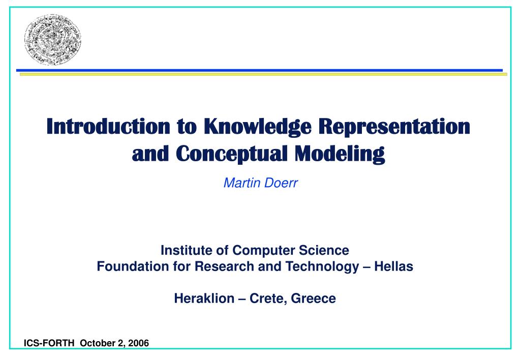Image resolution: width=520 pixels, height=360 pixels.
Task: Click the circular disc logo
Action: pyautogui.click(x=53, y=40)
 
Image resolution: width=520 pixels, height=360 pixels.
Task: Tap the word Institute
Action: pyautogui.click(x=184, y=251)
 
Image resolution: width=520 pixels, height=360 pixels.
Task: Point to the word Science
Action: pyautogui.click(x=325, y=251)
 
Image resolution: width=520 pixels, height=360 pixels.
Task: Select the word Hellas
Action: pyautogui.click(x=393, y=266)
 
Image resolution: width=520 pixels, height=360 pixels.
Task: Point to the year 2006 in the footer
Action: pyautogui.click(x=138, y=343)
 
